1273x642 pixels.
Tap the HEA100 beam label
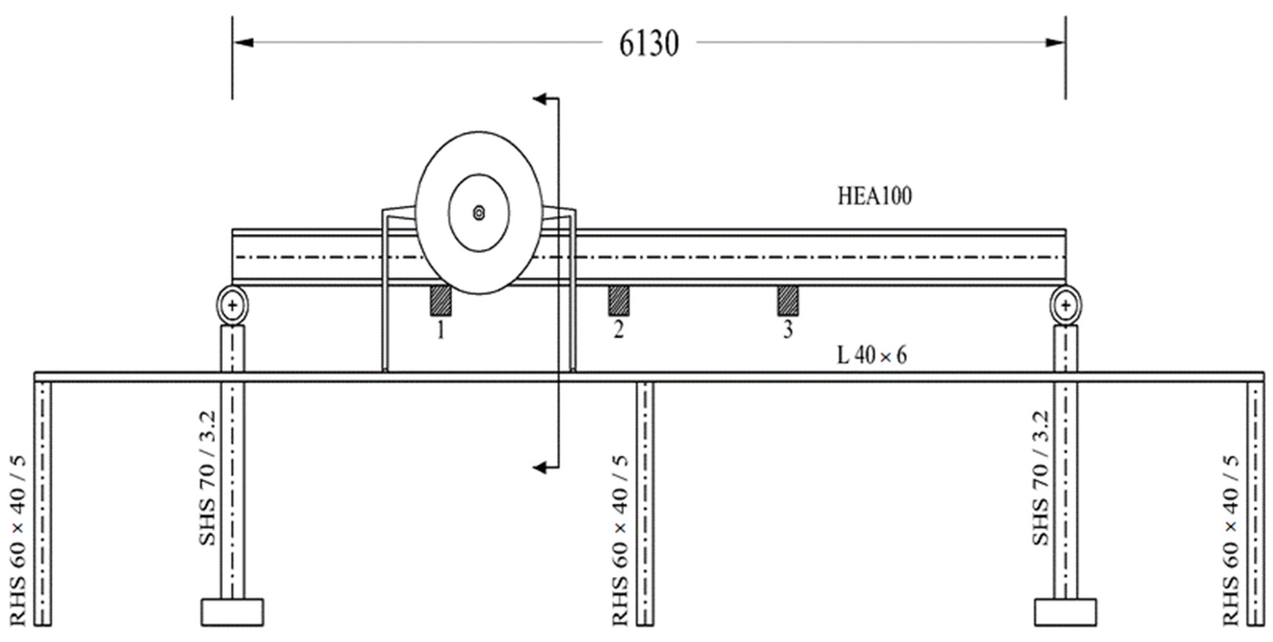click(x=874, y=197)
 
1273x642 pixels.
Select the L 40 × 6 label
click(x=872, y=356)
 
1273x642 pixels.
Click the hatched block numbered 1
click(x=441, y=301)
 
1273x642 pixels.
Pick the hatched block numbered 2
click(x=619, y=301)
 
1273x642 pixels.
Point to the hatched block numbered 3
click(x=788, y=301)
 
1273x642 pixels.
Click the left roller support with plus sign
click(x=232, y=305)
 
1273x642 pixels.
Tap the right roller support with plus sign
click(x=1065, y=305)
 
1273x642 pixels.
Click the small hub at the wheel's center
click(x=478, y=213)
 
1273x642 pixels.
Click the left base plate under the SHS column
click(x=232, y=612)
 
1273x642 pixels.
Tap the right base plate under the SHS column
click(x=1065, y=612)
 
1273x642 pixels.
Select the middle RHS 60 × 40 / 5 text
click(x=621, y=541)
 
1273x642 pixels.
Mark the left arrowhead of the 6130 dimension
click(x=243, y=43)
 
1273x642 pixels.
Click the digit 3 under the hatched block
click(x=788, y=329)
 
